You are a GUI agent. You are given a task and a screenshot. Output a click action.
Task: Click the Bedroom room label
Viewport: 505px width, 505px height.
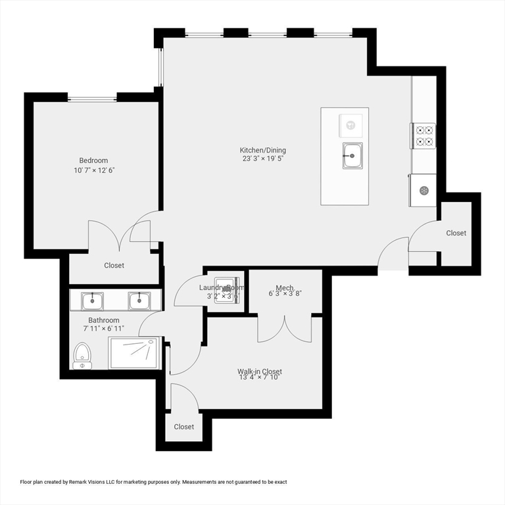pos(93,160)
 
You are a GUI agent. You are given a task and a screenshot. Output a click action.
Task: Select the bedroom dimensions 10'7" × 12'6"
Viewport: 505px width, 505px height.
pos(93,170)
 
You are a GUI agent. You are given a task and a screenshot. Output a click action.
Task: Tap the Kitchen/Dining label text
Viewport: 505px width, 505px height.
pos(263,151)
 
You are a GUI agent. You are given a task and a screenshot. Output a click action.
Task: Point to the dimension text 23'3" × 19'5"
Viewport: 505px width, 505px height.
pos(263,158)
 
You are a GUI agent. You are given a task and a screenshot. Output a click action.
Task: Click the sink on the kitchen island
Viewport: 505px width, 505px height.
pos(352,156)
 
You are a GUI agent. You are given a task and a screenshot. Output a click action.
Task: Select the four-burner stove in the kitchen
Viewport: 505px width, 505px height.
pos(424,136)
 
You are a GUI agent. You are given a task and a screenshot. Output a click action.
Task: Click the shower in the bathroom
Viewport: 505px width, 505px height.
pos(133,352)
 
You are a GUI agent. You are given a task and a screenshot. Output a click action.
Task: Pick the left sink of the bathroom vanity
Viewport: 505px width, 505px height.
pos(93,301)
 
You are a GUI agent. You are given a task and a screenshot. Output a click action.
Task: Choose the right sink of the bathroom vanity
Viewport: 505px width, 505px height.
pos(139,301)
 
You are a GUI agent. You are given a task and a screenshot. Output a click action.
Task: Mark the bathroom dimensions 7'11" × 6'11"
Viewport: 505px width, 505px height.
pos(103,328)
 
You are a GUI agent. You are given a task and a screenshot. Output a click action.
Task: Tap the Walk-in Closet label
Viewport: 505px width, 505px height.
pos(260,372)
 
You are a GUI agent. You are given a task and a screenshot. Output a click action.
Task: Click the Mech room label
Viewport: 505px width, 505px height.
pos(285,288)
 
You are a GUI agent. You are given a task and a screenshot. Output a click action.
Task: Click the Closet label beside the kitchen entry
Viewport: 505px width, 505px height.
pos(456,233)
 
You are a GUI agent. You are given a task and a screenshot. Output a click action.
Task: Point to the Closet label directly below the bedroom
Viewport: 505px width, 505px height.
pos(114,266)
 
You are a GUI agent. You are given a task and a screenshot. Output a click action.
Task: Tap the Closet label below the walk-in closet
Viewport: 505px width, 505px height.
pos(184,427)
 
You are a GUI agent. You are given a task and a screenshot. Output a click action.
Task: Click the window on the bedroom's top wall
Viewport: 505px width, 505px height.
pos(92,99)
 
